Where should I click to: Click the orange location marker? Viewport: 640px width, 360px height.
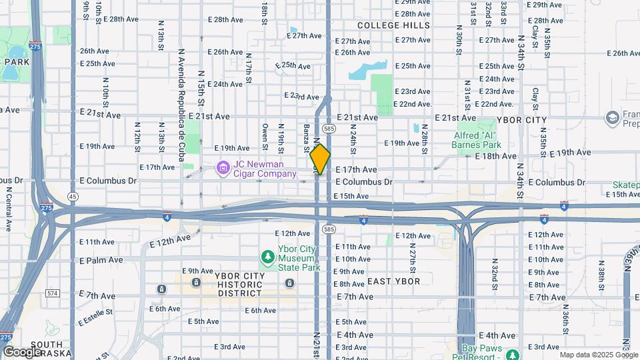[x=320, y=159]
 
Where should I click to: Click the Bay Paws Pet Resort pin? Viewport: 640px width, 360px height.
[x=512, y=355]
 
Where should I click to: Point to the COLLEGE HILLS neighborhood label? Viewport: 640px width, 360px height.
[x=393, y=25]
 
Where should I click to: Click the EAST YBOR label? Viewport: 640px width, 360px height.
[x=394, y=281]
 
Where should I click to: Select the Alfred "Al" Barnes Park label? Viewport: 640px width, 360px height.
[x=477, y=139]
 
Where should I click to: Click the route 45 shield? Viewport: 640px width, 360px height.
[x=73, y=196]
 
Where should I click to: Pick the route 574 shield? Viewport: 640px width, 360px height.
[x=53, y=293]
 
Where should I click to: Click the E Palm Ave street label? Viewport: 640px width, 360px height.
[x=101, y=260]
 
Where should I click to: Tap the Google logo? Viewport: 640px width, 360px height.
[x=22, y=351]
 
